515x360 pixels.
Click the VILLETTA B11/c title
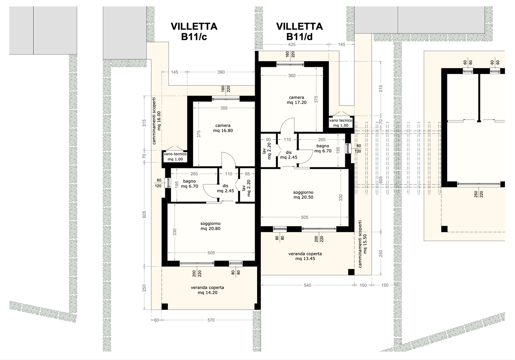pyautogui.click(x=194, y=31)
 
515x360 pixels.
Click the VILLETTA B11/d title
pyautogui.click(x=299, y=31)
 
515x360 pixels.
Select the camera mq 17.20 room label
pyautogui.click(x=296, y=100)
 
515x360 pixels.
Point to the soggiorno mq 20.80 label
pyautogui.click(x=210, y=226)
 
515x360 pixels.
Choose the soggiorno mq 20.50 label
pyautogui.click(x=303, y=195)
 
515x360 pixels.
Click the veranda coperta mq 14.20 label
pyautogui.click(x=207, y=290)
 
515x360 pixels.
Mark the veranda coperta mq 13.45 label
pyautogui.click(x=305, y=256)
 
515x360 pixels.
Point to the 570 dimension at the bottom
pyautogui.click(x=211, y=320)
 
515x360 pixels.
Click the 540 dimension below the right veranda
pyautogui.click(x=307, y=286)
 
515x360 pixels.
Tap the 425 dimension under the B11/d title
pyautogui.click(x=292, y=44)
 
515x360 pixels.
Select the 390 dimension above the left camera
pyautogui.click(x=221, y=72)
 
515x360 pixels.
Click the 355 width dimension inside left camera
pyautogui.click(x=224, y=108)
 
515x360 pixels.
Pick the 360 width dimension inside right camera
pyautogui.click(x=291, y=76)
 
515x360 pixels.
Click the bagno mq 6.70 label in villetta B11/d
pyautogui.click(x=322, y=148)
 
